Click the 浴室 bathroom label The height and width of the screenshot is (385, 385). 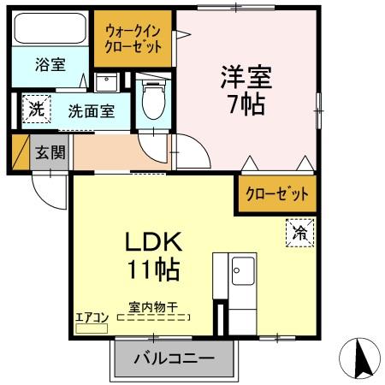[x=50, y=64]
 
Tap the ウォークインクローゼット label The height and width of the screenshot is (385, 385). [x=133, y=38]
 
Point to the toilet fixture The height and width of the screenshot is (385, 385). [x=153, y=101]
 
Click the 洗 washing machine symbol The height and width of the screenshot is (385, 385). [x=36, y=109]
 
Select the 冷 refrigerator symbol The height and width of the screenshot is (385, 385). [x=299, y=232]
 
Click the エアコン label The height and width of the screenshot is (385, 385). [x=92, y=317]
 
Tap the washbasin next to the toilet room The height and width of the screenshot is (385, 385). [x=107, y=83]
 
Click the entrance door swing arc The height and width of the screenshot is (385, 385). [x=50, y=190]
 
